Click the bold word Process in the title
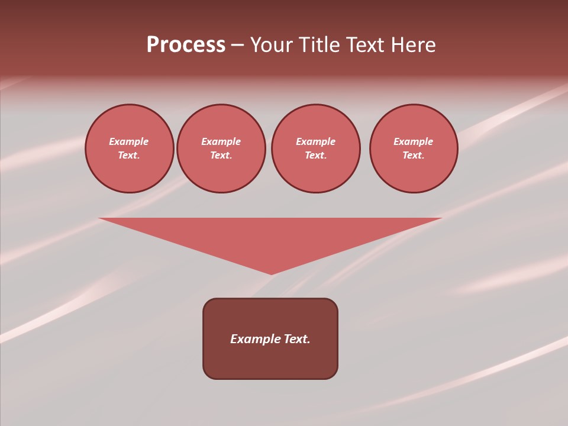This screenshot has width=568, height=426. pos(186,45)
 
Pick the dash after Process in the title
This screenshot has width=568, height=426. pos(237,46)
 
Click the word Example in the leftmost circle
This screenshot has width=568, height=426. pos(129,141)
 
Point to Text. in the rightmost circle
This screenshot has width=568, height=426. pos(414,156)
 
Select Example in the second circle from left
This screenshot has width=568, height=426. pos(221,141)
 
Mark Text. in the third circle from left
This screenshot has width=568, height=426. pos(316,156)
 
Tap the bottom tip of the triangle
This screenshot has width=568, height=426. pos(272,273)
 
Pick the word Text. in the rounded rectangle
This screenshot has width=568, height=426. pos(297,339)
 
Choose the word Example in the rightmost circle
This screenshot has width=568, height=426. pos(414,141)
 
